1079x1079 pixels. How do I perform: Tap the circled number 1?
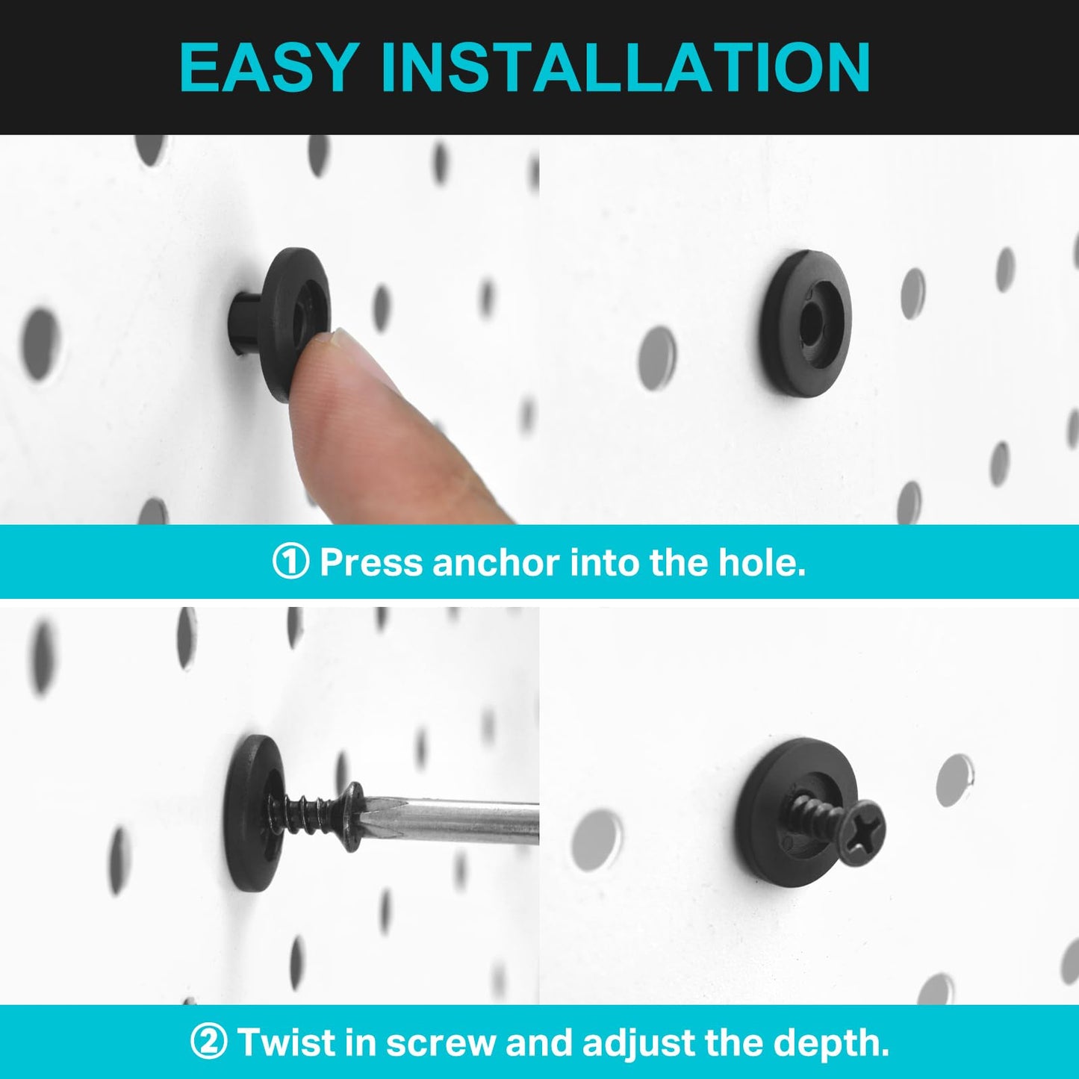pyautogui.click(x=290, y=562)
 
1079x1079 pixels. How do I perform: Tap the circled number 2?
pyautogui.click(x=208, y=1042)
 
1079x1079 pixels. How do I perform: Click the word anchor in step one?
pyautogui.click(x=495, y=562)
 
